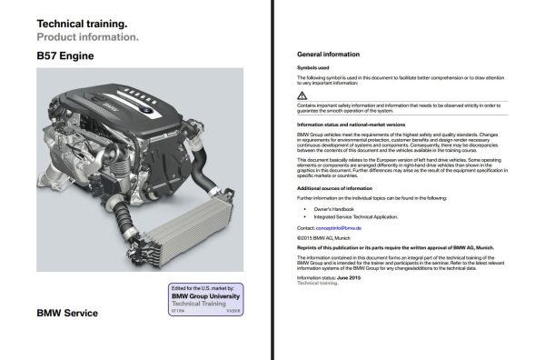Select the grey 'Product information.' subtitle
coord(87,37)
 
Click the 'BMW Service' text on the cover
coord(67,314)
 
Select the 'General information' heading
coord(329,54)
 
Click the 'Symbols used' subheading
coord(313,68)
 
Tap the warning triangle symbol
coord(302,95)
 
